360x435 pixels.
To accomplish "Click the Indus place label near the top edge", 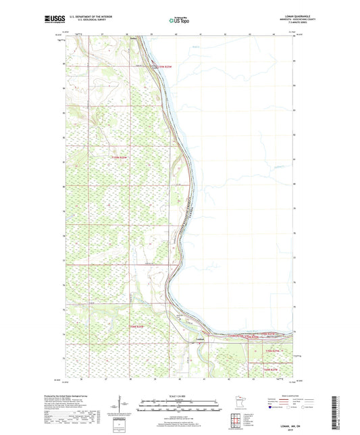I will tap(133, 39).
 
